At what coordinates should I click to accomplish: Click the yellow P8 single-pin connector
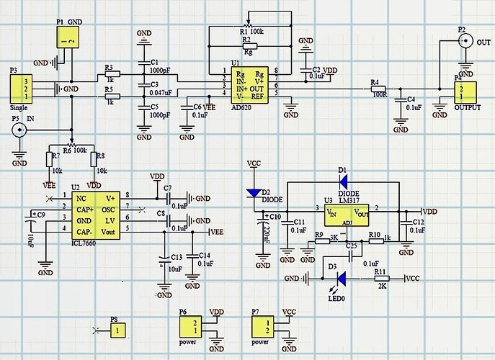(115, 330)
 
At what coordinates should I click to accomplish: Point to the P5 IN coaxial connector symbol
(19, 130)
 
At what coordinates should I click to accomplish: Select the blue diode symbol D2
(254, 193)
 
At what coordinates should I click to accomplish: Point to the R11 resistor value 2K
(382, 286)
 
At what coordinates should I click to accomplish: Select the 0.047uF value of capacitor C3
(161, 93)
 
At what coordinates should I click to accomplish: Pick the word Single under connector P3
(19, 107)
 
